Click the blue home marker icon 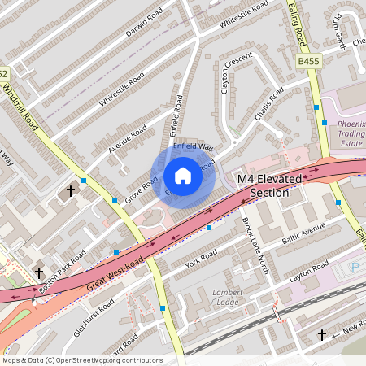[183, 175]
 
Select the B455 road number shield [308, 61]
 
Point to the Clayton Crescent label [236, 74]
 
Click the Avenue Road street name [128, 139]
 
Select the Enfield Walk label [193, 146]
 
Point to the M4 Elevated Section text [269, 185]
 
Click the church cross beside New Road [321, 334]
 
